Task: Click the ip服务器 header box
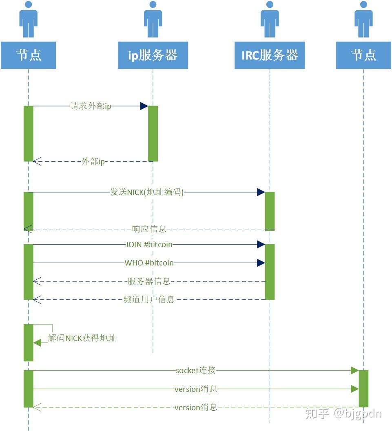[x=153, y=55]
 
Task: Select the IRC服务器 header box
[x=270, y=55]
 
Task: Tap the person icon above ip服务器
[x=153, y=19]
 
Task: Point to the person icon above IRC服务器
[x=270, y=19]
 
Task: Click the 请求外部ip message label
[x=91, y=106]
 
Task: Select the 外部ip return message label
[x=93, y=161]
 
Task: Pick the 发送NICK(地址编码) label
[x=147, y=192]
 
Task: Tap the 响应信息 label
[x=149, y=229]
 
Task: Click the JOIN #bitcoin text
[x=149, y=245]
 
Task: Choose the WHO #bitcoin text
[x=149, y=263]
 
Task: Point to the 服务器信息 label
[x=149, y=281]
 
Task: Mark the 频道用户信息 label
[x=149, y=300]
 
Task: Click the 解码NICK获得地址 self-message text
[x=82, y=338]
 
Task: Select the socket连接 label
[x=195, y=371]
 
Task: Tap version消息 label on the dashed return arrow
[x=195, y=407]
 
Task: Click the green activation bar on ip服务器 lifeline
[x=153, y=134]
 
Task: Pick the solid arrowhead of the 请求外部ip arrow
[x=144, y=106]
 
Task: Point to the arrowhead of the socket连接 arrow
[x=354, y=371]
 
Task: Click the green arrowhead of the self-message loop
[x=38, y=343]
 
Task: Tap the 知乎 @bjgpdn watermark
[x=343, y=413]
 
